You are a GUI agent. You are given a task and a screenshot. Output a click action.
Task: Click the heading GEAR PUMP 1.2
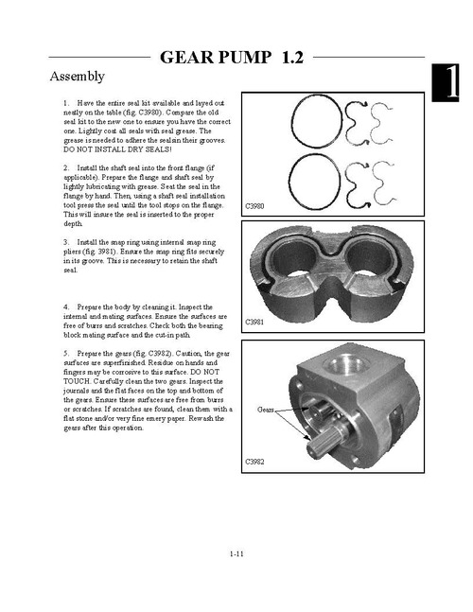pos(232,57)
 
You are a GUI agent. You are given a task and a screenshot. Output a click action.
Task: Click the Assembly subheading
pos(78,76)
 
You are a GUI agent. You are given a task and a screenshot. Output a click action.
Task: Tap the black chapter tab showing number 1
pos(445,82)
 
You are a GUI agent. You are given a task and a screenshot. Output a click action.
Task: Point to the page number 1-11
pos(236,553)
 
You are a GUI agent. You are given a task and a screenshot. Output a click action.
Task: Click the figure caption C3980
pos(254,206)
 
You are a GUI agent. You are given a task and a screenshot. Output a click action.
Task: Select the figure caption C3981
pos(254,322)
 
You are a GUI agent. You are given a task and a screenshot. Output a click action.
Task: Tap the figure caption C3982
pos(254,462)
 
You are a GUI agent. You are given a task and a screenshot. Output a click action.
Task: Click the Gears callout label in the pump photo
pos(266,410)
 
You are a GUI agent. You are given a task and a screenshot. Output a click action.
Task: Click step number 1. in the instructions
pos(66,103)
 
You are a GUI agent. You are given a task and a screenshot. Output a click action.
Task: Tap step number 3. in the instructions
pos(66,242)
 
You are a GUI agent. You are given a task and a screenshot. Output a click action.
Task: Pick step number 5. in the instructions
pos(66,354)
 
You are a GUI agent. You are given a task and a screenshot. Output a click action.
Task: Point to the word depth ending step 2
pos(73,223)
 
